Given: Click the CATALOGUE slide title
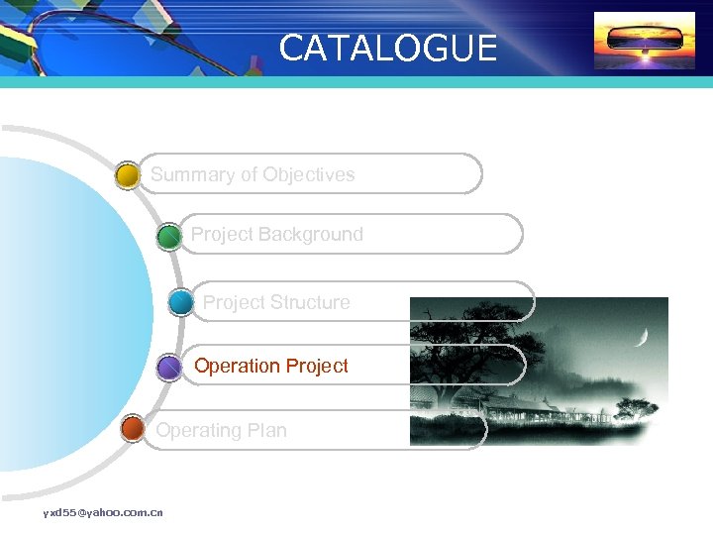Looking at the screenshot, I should [x=388, y=48].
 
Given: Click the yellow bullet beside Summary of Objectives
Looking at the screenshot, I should [x=128, y=176].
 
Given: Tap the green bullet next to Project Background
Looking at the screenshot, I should [x=169, y=237].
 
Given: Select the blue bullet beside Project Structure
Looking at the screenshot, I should [x=181, y=302].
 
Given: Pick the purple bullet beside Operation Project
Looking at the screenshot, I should [x=169, y=369].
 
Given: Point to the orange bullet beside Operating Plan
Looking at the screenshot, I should [x=132, y=430].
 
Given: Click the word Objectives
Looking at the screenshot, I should [x=309, y=175].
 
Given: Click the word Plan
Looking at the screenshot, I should [x=266, y=431].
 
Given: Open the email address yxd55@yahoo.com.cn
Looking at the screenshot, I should [x=103, y=512].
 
